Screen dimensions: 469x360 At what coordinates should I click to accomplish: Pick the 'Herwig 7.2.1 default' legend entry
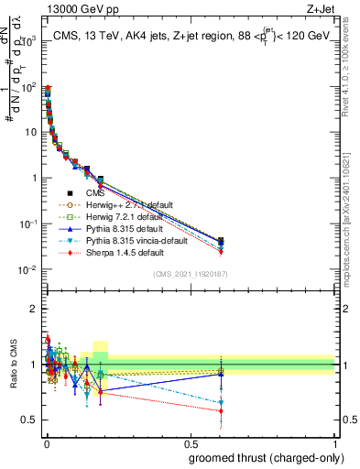click(109, 217)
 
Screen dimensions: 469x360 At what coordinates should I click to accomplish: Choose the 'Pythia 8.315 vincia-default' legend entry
click(119, 241)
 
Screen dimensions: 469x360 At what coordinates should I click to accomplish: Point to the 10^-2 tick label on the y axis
click(28, 269)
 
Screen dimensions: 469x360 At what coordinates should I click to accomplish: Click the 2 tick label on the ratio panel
click(34, 309)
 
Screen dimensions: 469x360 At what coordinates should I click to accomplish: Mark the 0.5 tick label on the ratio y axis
click(31, 420)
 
